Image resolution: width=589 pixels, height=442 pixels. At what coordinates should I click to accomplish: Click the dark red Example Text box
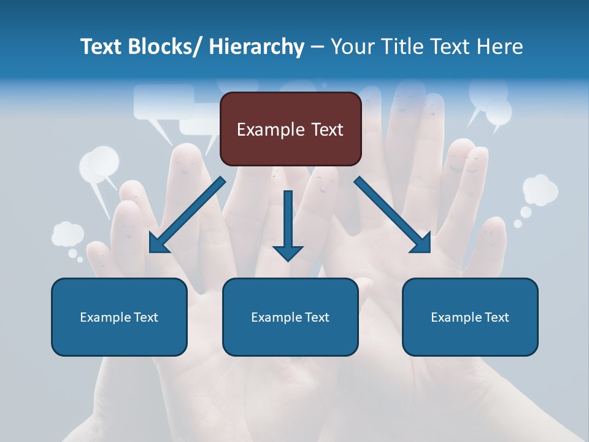[290, 129]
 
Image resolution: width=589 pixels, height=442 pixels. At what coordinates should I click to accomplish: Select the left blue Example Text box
[119, 317]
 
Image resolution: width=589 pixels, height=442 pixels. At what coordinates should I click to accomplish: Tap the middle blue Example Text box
[290, 317]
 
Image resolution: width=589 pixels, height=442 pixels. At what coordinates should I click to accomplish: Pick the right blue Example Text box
[470, 317]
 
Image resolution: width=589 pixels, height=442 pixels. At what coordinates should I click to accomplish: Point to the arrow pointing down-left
[187, 215]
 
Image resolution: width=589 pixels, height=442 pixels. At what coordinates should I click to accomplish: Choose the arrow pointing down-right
[393, 215]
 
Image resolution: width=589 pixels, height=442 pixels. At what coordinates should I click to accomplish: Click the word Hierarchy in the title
[256, 47]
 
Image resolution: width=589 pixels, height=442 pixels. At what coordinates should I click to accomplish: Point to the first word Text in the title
[101, 47]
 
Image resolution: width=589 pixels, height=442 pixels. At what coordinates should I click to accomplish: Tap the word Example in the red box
[270, 130]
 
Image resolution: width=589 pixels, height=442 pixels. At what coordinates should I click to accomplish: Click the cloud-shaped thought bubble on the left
[67, 234]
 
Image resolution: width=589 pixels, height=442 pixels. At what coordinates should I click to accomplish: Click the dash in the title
[317, 47]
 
